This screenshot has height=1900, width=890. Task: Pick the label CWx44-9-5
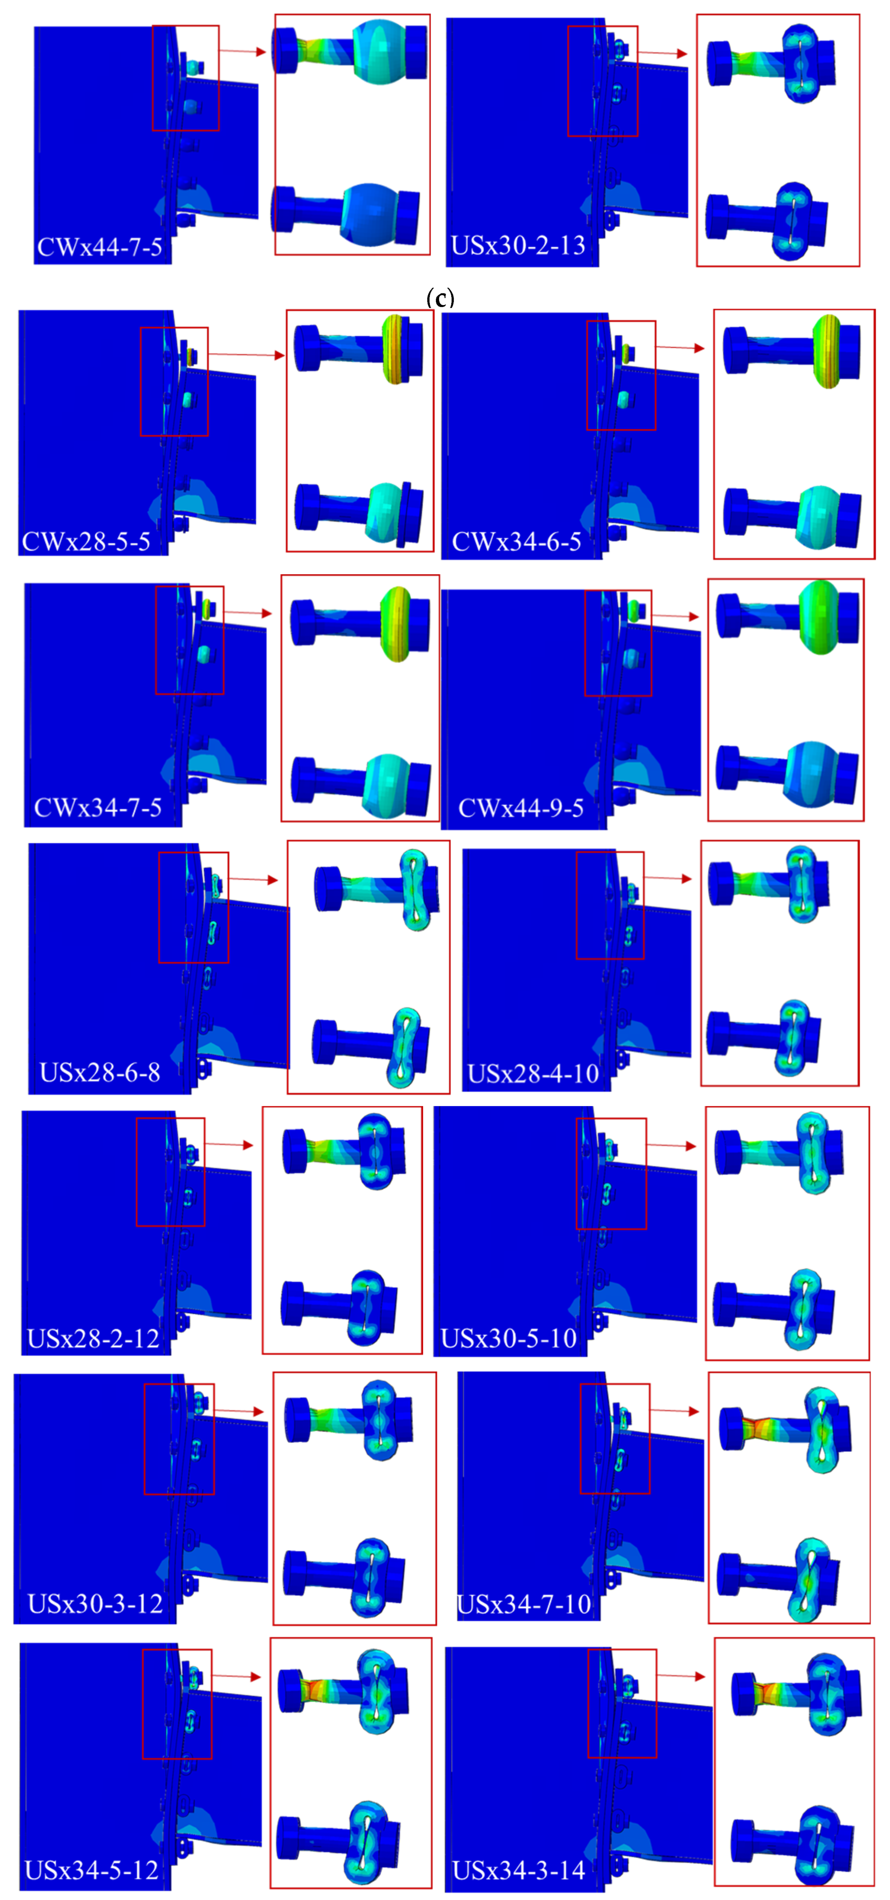[521, 808]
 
